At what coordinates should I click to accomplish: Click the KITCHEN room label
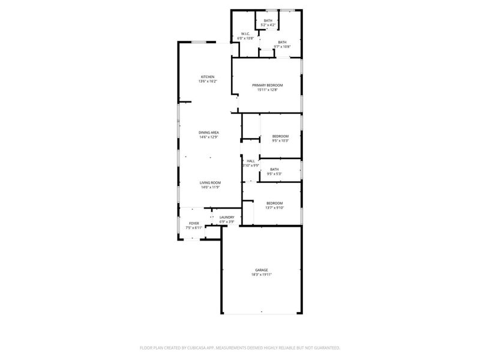click(x=208, y=77)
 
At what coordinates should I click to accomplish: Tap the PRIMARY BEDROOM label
click(x=268, y=85)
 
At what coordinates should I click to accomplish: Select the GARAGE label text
click(x=262, y=270)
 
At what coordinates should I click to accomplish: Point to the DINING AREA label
click(x=209, y=132)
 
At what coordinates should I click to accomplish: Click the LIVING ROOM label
click(x=211, y=182)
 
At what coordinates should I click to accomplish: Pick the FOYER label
click(x=194, y=223)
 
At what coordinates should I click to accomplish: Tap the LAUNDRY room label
click(x=227, y=217)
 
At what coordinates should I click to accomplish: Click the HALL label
click(x=251, y=161)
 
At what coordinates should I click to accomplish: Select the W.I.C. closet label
click(x=245, y=34)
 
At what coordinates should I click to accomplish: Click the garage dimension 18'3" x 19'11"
click(x=262, y=275)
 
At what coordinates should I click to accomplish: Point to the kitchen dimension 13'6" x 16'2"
click(x=208, y=82)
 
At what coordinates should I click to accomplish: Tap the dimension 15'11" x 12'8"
click(x=268, y=90)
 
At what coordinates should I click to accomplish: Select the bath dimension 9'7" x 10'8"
click(x=282, y=47)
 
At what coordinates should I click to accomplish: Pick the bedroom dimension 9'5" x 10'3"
click(x=281, y=141)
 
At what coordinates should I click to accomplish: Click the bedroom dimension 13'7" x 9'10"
click(x=275, y=208)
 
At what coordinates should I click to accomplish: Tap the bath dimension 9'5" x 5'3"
click(x=274, y=174)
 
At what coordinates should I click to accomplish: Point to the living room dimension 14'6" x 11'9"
click(x=211, y=187)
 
